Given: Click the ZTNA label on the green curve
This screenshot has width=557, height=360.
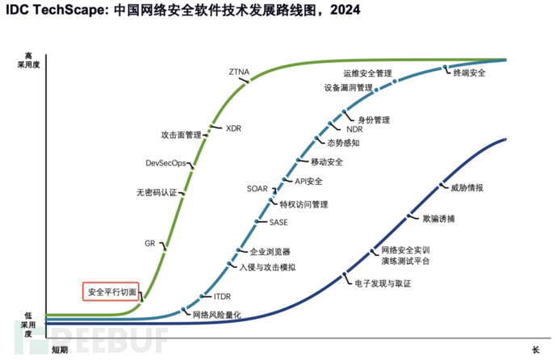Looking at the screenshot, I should pos(240,72).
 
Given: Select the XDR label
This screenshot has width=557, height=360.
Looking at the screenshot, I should pos(234,128).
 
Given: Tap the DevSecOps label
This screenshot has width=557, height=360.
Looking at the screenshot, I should pos(165,163).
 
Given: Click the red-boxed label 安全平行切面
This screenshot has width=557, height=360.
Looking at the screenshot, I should pos(112,291).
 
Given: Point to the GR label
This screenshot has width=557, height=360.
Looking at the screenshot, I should pos(149,242).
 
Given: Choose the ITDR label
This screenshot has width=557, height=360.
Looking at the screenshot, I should pos(222,297).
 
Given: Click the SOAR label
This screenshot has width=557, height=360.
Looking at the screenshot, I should pos(257,189).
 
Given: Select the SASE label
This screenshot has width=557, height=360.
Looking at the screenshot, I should pos(278,221).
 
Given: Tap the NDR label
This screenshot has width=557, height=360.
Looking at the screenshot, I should pos(354,129).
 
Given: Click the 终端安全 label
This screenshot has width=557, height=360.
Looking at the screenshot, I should pos(469,73).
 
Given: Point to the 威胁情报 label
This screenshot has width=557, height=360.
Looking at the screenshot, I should pos(467,187).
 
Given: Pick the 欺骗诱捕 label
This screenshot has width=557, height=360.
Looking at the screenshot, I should pos(438,218).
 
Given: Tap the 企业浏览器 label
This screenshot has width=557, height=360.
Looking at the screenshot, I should pos(270,252).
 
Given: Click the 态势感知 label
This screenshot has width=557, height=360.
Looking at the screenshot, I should pos(343,142).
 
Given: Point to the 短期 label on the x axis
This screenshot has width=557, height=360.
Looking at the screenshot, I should pos(60,350).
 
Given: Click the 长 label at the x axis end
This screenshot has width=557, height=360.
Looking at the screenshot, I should pos(534,350).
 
